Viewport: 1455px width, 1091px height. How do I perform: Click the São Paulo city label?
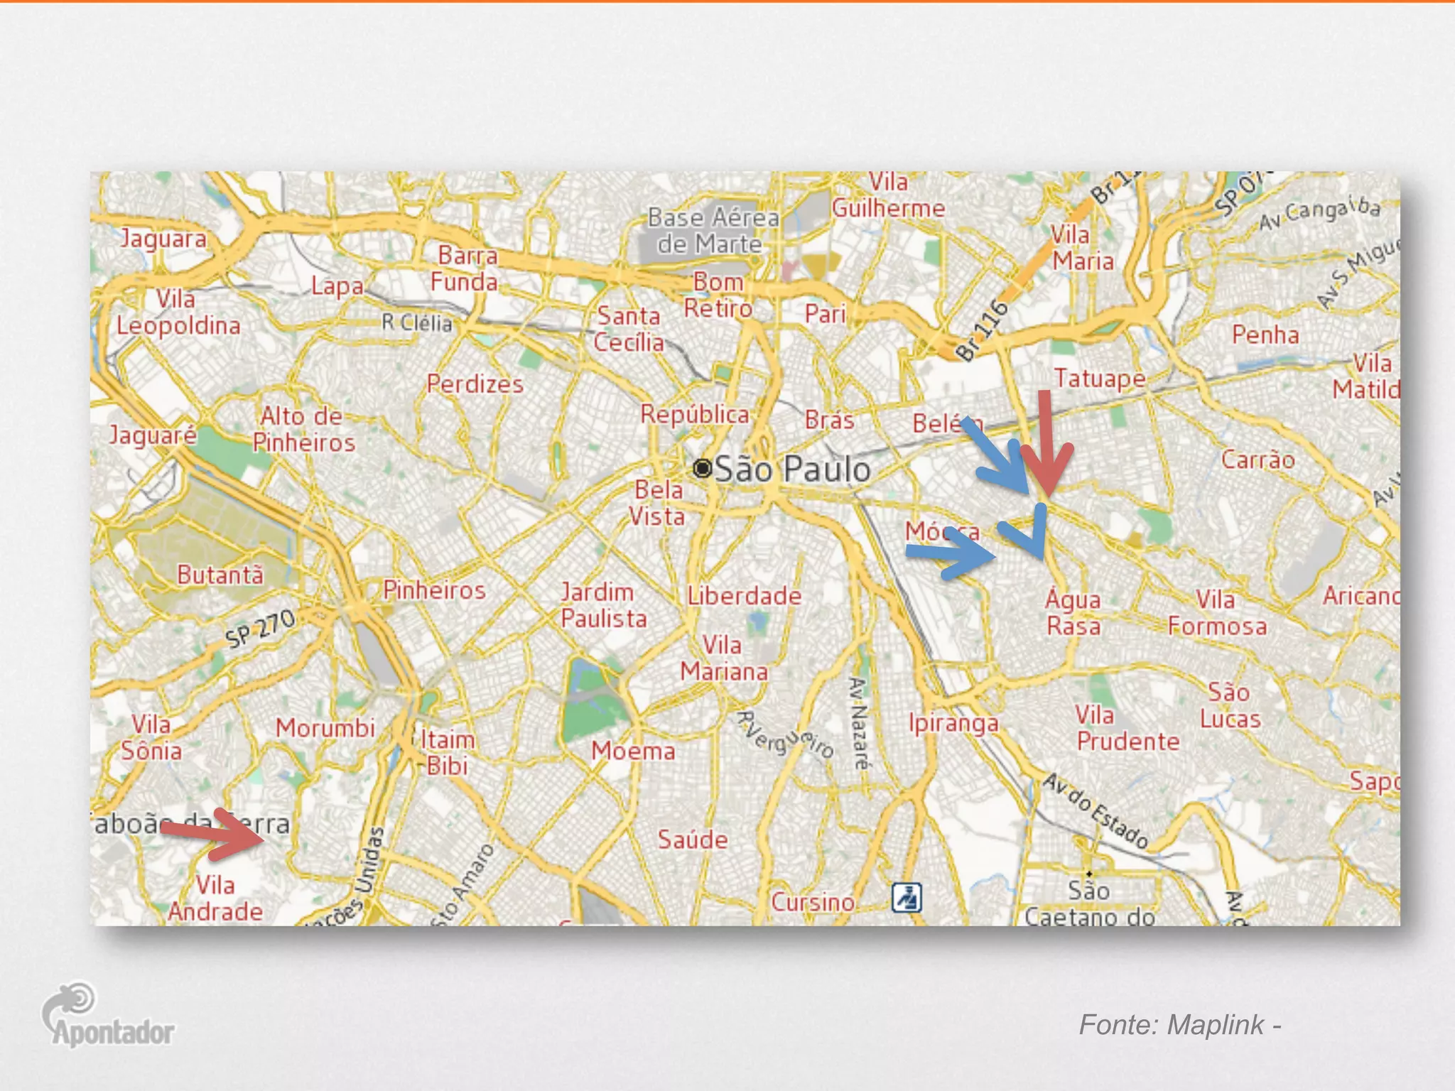point(792,469)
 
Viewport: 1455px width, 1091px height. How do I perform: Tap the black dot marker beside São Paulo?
point(702,468)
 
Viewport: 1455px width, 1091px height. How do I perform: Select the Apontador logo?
point(108,1016)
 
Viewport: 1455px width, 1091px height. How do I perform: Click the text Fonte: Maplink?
point(1179,1025)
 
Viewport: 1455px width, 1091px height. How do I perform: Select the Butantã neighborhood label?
point(220,575)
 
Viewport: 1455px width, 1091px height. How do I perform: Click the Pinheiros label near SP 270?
point(434,590)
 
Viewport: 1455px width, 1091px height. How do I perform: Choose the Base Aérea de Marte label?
point(712,231)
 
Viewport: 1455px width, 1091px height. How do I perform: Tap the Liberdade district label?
point(744,595)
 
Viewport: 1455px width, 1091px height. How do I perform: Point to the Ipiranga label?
point(953,723)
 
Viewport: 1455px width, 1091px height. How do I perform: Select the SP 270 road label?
point(260,629)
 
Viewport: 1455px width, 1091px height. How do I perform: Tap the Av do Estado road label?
point(1095,810)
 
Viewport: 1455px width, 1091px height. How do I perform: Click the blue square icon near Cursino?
point(907,897)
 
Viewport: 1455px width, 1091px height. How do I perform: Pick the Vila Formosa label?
point(1217,613)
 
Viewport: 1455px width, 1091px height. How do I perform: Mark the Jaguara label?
point(163,239)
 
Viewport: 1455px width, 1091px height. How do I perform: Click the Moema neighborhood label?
point(633,751)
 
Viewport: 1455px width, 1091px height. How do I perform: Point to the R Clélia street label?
point(417,323)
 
